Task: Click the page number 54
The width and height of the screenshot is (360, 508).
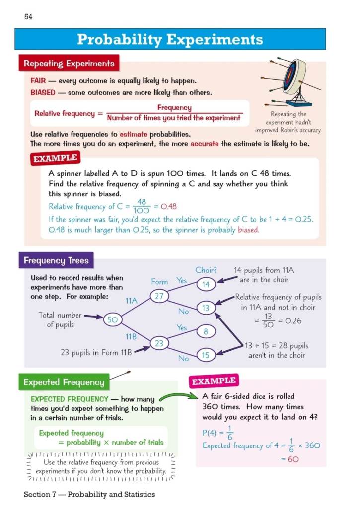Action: pyautogui.click(x=28, y=17)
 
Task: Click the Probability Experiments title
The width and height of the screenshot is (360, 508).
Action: pyautogui.click(x=170, y=39)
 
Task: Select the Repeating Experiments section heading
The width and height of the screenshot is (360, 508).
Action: pyautogui.click(x=69, y=63)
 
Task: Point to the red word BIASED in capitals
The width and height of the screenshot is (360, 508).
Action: pyautogui.click(x=43, y=92)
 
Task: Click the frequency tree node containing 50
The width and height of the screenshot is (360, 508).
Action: pyautogui.click(x=112, y=320)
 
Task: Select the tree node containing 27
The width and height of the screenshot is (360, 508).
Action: pyautogui.click(x=160, y=297)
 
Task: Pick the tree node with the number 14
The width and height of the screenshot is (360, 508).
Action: pyautogui.click(x=206, y=284)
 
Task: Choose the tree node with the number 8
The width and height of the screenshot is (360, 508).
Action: pyautogui.click(x=206, y=331)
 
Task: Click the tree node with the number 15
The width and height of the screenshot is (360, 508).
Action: pyautogui.click(x=206, y=355)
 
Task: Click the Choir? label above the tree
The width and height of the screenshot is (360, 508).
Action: pyautogui.click(x=206, y=270)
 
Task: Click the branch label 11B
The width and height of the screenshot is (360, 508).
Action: pyautogui.click(x=131, y=336)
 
